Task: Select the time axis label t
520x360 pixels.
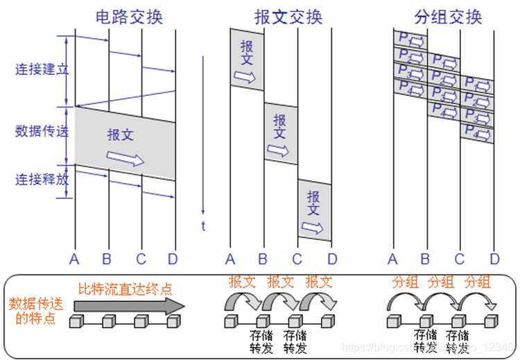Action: tap(203, 225)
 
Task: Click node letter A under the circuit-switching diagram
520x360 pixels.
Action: tap(75, 260)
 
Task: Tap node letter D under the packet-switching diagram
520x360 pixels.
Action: tap(494, 260)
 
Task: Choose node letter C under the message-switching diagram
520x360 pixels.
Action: tap(297, 260)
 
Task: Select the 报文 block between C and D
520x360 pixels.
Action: tap(314, 210)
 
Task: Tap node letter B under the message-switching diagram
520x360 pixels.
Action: tap(263, 260)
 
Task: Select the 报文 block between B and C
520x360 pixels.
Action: tap(280, 134)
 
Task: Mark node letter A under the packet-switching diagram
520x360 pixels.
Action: tap(392, 260)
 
